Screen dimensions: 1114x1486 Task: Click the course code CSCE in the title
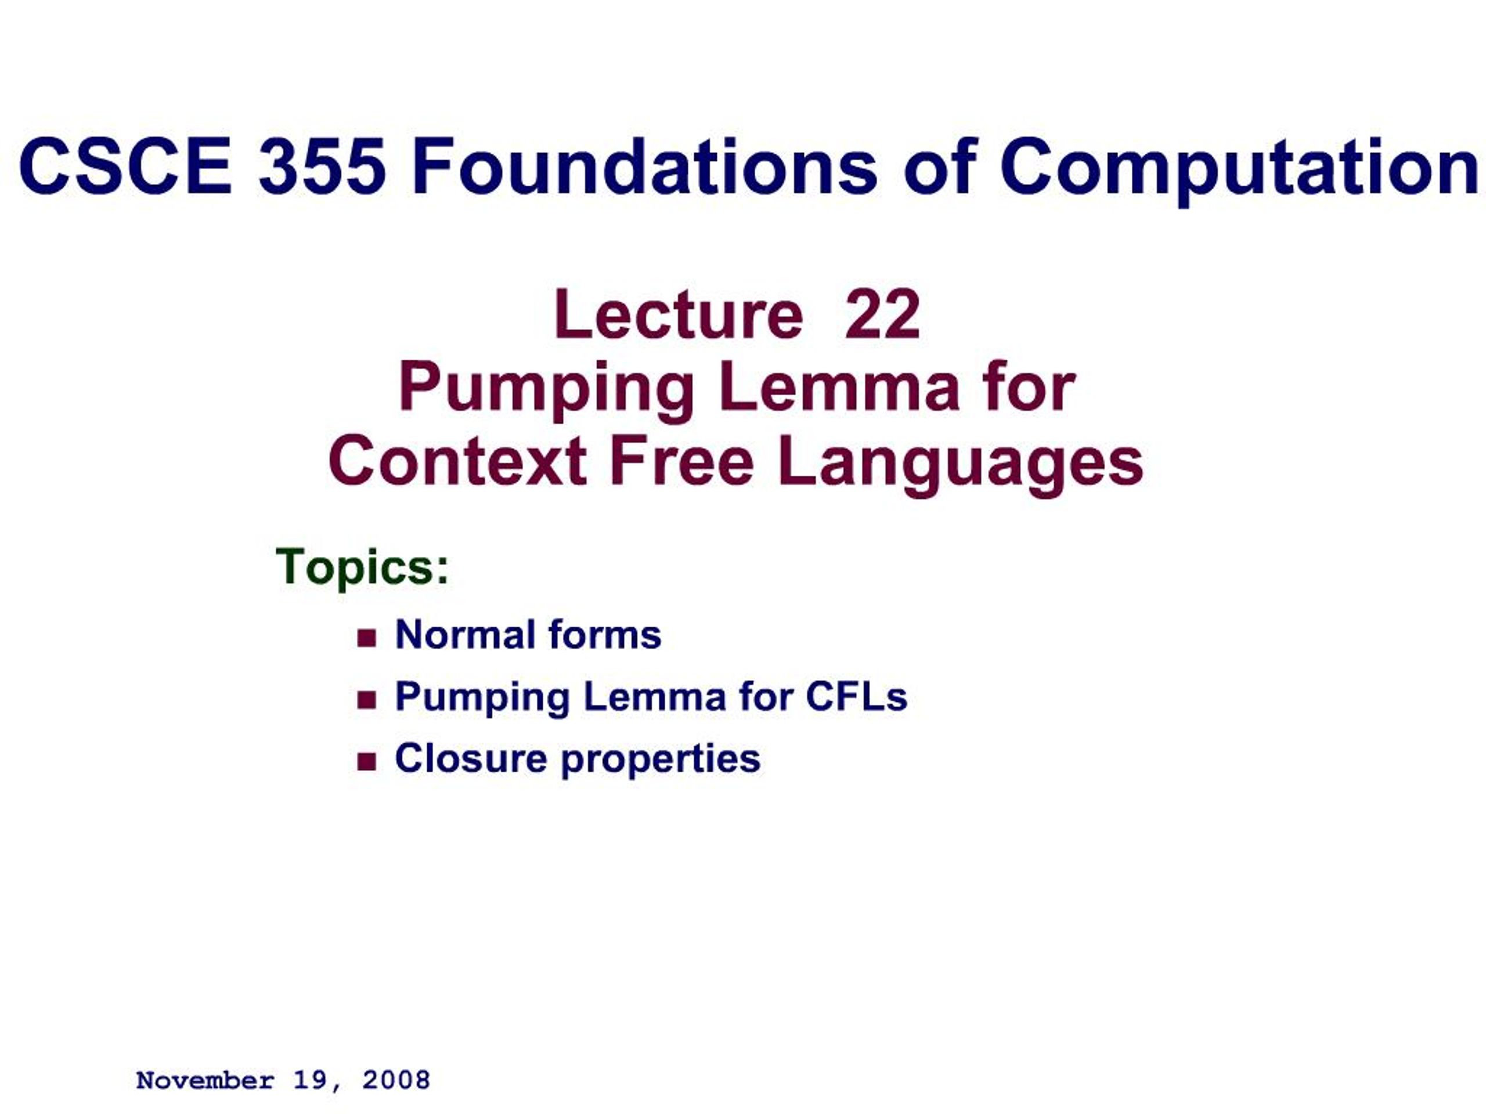click(x=125, y=166)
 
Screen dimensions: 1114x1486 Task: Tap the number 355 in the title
click(x=323, y=166)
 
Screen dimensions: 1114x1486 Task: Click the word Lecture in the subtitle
click(x=679, y=315)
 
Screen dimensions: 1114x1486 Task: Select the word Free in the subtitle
click(x=681, y=462)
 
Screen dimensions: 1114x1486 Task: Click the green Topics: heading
click(x=362, y=567)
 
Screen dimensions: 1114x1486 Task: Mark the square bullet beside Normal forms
click(x=367, y=637)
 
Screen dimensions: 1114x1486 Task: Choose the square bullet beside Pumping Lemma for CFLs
click(x=367, y=700)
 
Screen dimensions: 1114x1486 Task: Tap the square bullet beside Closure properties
click(x=367, y=761)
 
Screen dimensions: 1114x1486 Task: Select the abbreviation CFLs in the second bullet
click(x=856, y=696)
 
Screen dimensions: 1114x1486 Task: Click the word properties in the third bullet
click(x=661, y=761)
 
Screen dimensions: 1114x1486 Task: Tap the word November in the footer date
click(x=205, y=1080)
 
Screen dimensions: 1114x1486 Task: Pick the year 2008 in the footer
click(x=396, y=1080)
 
